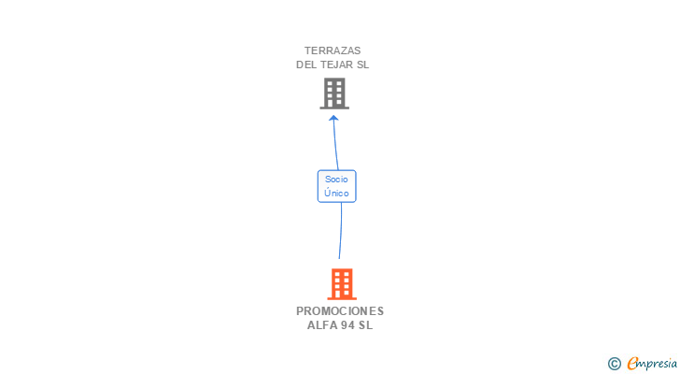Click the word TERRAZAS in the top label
[333, 50]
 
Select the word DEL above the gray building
[307, 65]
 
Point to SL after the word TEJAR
[364, 65]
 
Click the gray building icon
[334, 93]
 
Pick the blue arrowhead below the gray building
[333, 118]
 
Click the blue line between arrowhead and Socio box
[335, 145]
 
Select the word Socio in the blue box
[336, 179]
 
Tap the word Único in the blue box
[336, 193]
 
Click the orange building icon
[342, 283]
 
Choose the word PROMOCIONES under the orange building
[340, 311]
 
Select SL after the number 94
[365, 325]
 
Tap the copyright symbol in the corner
[614, 364]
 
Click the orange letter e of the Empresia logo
[632, 364]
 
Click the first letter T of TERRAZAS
[307, 50]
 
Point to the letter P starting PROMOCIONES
[300, 311]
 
